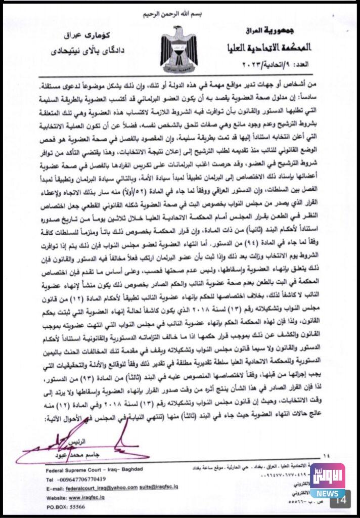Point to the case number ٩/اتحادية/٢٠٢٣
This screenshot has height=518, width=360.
(x=286, y=64)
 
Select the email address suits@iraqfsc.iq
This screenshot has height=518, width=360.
(x=161, y=488)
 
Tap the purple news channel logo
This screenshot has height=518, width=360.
(x=327, y=476)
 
